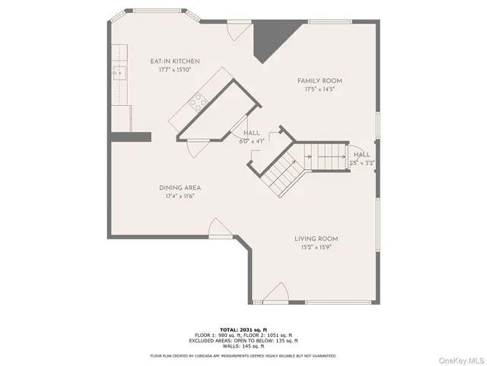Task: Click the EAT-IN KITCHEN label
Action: tap(175, 60)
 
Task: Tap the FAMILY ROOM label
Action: tap(319, 80)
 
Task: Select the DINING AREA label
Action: tap(180, 188)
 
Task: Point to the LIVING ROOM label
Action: tap(316, 239)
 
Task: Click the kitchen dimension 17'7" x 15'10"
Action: tap(175, 69)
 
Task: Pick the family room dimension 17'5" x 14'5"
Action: tap(319, 89)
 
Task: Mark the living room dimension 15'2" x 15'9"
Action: tap(316, 248)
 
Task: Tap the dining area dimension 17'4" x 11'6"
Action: tap(180, 197)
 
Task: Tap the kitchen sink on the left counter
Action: tap(119, 74)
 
